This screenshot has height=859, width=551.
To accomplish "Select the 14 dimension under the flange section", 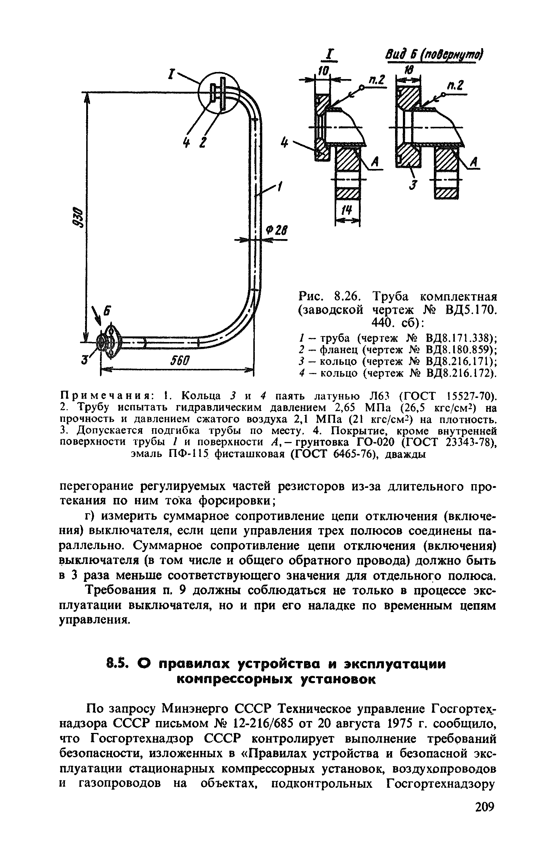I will point(347,211).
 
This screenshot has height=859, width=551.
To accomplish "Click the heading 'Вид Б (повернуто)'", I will point(433,55).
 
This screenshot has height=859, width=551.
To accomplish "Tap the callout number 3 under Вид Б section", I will point(412,185).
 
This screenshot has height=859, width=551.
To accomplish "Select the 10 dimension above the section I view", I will point(323,70).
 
